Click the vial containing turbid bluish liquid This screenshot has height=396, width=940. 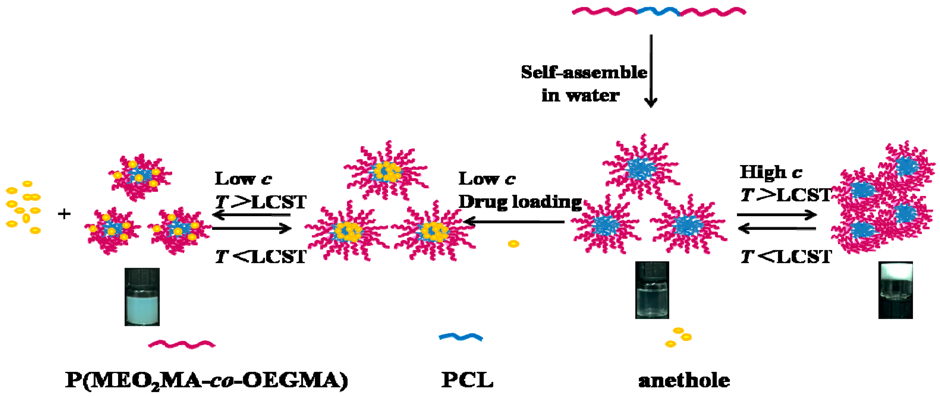coord(142,297)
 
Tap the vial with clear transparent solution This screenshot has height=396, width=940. coord(652,290)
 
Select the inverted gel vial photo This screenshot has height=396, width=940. coord(895,290)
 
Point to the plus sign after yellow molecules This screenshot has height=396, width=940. coord(64,214)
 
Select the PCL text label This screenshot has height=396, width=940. coord(467,380)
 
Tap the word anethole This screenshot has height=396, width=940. coord(684,381)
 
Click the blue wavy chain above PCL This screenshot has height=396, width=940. coord(460,336)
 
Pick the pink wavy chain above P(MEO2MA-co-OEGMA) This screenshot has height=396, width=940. coord(181,344)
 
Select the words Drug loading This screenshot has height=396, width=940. coord(520,202)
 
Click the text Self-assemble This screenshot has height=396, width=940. coord(584,72)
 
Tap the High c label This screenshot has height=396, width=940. coord(771,172)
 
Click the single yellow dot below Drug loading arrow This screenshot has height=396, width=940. coord(513,243)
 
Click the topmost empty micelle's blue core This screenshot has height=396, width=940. coord(641,169)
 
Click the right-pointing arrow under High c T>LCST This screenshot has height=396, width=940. coord(776,215)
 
